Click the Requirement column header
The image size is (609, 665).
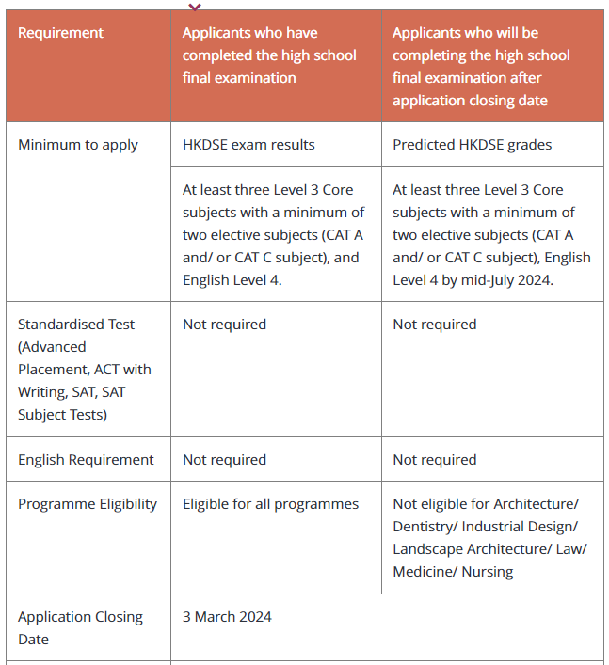tap(60, 33)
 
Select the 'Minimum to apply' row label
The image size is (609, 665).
tap(78, 145)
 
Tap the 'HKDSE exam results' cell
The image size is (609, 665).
tap(248, 145)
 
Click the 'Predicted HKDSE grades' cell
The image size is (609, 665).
tap(472, 145)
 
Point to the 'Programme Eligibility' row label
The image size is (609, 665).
tap(88, 504)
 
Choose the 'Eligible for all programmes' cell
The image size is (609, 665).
tap(270, 504)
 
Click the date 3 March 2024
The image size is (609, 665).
tap(227, 617)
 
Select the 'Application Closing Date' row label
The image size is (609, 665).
tap(80, 627)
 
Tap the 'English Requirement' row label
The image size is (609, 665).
tap(86, 460)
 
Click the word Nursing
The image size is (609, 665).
tap(487, 572)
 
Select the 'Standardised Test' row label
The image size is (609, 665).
tap(76, 325)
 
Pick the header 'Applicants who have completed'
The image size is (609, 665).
tap(269, 55)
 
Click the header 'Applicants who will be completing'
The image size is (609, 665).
tap(481, 66)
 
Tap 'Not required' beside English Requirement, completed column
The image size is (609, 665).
tap(224, 460)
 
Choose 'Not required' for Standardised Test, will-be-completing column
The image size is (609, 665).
tap(434, 325)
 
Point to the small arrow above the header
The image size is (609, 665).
tap(195, 7)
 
